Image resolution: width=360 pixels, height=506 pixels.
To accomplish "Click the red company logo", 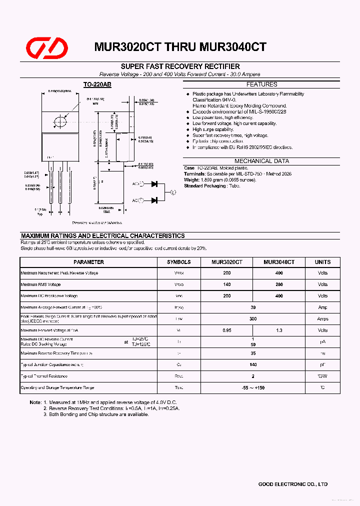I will [x=47, y=47].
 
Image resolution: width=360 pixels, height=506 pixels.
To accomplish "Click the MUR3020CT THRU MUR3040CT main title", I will [x=180, y=47].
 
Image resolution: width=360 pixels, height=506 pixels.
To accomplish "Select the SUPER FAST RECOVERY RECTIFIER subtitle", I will [x=180, y=66].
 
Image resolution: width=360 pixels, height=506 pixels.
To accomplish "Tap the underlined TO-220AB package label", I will [x=97, y=85].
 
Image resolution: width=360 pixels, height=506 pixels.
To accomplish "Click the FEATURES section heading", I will [x=261, y=84].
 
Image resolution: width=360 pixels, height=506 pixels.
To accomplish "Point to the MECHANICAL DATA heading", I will [x=261, y=161].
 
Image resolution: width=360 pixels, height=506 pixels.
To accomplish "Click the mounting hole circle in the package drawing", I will [x=60, y=121].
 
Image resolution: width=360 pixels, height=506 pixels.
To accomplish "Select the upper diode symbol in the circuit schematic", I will [x=154, y=184].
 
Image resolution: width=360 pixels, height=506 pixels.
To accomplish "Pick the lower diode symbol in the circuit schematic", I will [x=154, y=200].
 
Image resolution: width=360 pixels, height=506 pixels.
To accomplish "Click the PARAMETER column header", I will [x=88, y=262].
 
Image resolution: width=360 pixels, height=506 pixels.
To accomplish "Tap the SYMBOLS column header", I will [x=178, y=262].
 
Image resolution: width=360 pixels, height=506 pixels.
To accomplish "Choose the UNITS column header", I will [x=322, y=262].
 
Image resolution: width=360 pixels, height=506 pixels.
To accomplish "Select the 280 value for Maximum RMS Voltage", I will [x=278, y=284].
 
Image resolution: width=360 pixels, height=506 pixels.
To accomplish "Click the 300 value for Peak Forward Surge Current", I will [x=253, y=318].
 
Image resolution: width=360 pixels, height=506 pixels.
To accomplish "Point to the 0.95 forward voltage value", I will [x=227, y=330].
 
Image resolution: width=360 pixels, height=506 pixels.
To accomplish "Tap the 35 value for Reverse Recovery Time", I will [x=253, y=353].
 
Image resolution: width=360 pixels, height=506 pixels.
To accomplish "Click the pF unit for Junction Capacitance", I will [x=322, y=364].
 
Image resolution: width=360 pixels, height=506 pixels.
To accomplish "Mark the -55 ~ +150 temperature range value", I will [x=253, y=387].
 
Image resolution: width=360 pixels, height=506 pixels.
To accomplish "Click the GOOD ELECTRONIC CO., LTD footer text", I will [x=292, y=484].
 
